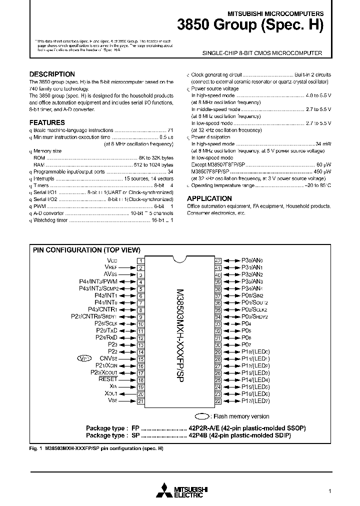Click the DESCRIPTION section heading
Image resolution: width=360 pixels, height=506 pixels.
[x=52, y=74]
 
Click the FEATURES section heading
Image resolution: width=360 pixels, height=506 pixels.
[x=47, y=122]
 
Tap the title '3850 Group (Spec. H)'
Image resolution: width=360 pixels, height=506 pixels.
[x=250, y=25]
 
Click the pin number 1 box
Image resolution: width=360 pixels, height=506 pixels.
[x=141, y=260]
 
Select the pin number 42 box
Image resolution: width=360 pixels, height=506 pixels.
[x=218, y=260]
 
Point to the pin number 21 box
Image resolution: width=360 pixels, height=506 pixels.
[x=141, y=401]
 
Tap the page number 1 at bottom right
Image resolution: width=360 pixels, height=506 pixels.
[x=329, y=491]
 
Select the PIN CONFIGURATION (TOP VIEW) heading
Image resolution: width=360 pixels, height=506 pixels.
[x=86, y=250]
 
